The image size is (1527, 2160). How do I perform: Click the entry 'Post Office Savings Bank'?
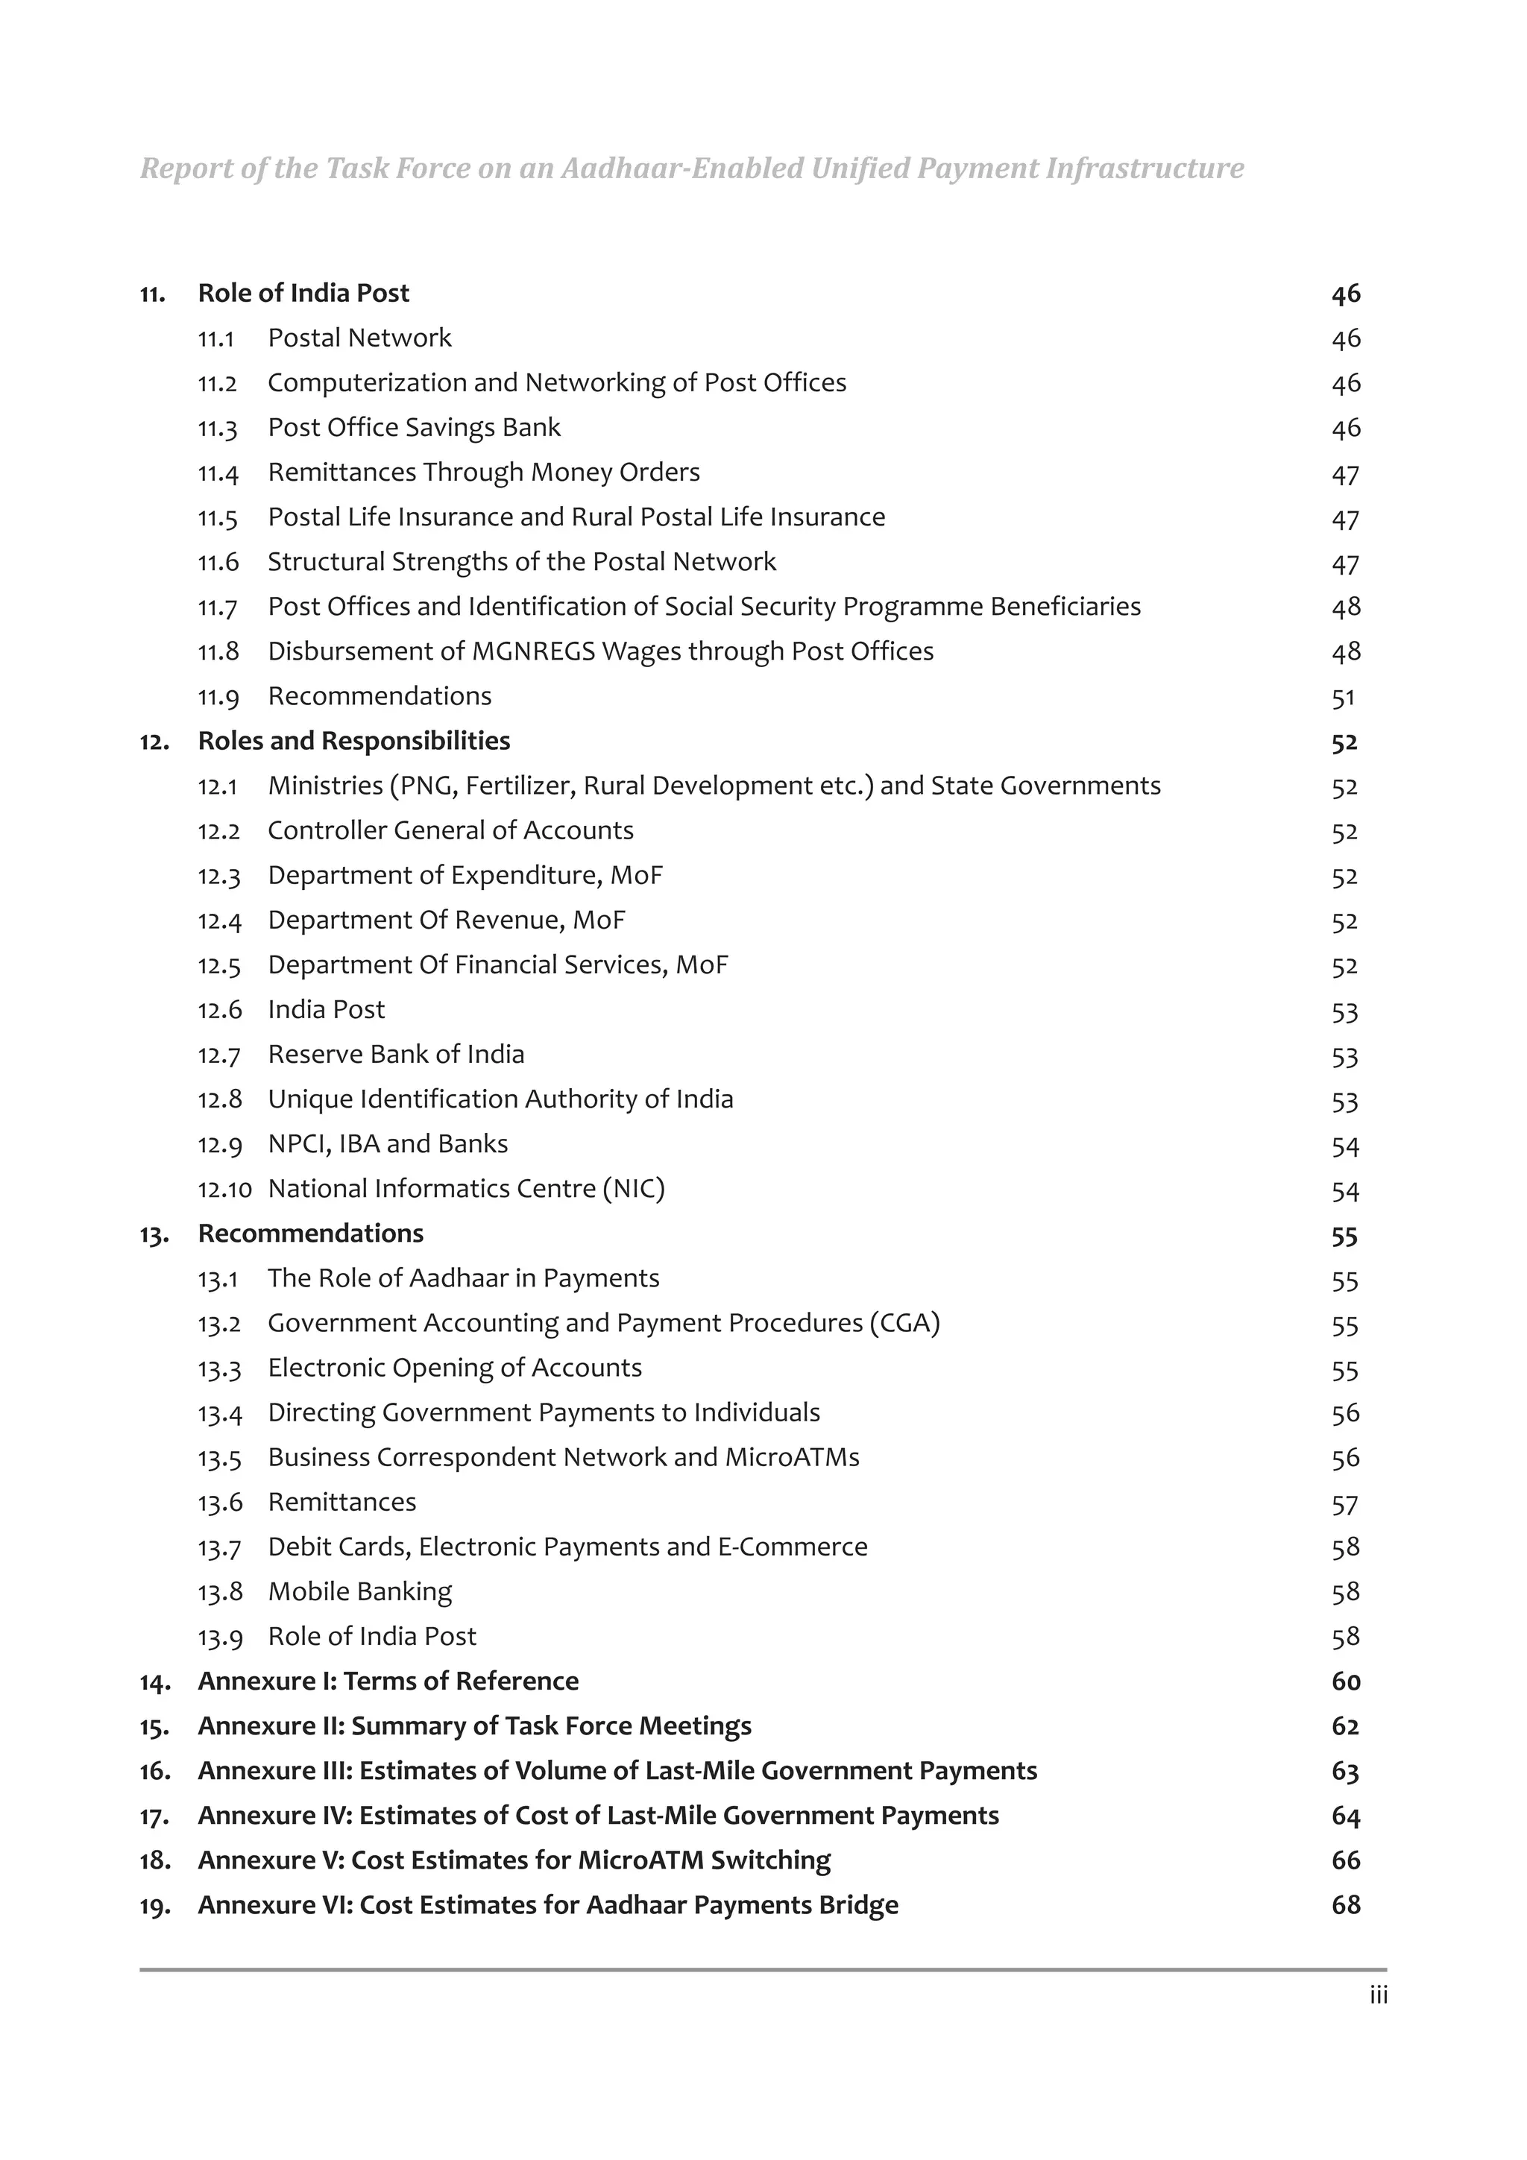click(x=414, y=428)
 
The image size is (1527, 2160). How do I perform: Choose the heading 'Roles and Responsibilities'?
click(x=353, y=742)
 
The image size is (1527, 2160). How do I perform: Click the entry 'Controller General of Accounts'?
click(x=450, y=831)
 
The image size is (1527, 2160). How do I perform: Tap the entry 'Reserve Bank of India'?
click(x=396, y=1055)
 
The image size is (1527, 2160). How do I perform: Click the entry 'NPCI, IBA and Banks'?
click(x=388, y=1144)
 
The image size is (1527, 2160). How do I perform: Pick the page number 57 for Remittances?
click(x=1344, y=1503)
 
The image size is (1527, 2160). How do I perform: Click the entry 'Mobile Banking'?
click(x=359, y=1592)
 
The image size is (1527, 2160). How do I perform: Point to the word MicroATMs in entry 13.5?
click(x=791, y=1458)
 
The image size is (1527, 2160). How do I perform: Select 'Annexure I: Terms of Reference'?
click(x=388, y=1681)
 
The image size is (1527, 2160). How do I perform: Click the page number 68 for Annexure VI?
click(x=1345, y=1905)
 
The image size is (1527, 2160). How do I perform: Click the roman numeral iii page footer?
click(x=1379, y=1996)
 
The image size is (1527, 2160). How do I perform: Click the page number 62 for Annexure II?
click(x=1345, y=1726)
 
